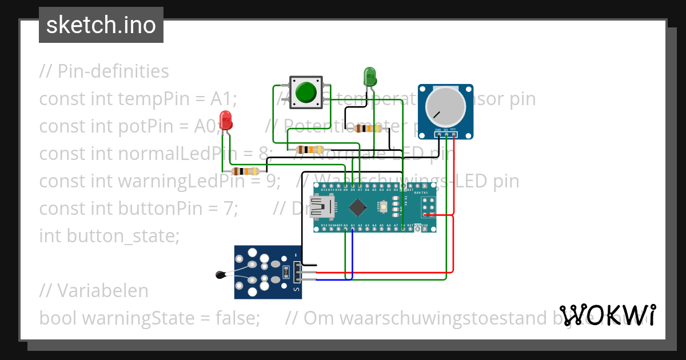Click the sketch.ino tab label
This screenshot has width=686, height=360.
[101, 25]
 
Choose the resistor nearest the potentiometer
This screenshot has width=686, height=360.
[368, 129]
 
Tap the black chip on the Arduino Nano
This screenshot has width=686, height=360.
[357, 207]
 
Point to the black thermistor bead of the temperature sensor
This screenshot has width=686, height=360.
[220, 276]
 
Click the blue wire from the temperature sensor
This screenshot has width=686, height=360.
[352, 251]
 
